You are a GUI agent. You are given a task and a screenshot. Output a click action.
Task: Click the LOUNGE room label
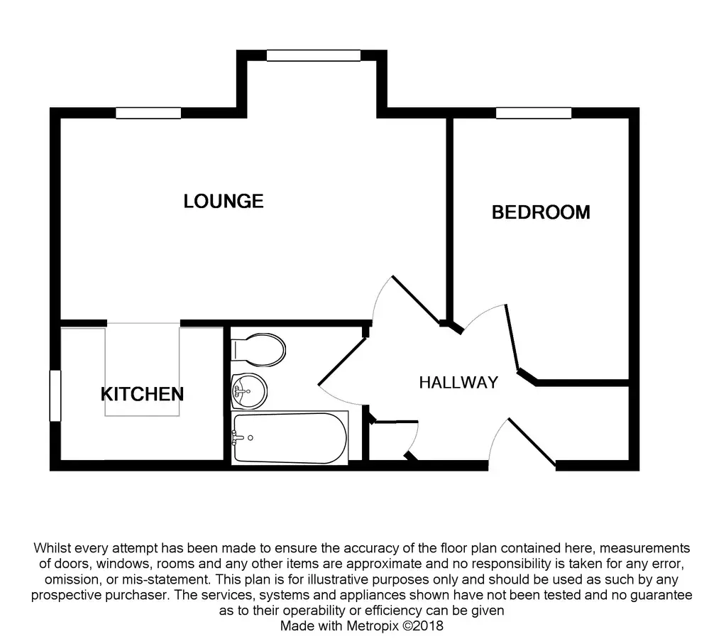point(224,202)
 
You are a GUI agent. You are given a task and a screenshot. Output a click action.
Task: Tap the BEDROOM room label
point(541,212)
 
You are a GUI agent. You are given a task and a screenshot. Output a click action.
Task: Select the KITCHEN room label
point(142,394)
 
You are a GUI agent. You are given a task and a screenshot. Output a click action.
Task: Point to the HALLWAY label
point(458,383)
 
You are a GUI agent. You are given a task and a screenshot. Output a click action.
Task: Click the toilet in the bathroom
point(259,349)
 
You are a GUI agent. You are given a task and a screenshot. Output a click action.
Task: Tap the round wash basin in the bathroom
point(249,389)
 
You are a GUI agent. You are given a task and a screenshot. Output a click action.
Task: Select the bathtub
point(290,437)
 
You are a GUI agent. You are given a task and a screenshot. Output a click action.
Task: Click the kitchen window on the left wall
point(54,395)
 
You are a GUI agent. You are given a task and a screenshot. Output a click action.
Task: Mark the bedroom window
point(534,113)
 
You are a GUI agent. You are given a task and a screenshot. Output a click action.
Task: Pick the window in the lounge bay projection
point(313,55)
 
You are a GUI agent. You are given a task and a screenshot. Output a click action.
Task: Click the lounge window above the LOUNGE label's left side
point(148,113)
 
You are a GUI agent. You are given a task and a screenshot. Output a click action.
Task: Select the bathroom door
point(341,363)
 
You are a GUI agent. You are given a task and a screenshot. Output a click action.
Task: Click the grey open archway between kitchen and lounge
point(143,369)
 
